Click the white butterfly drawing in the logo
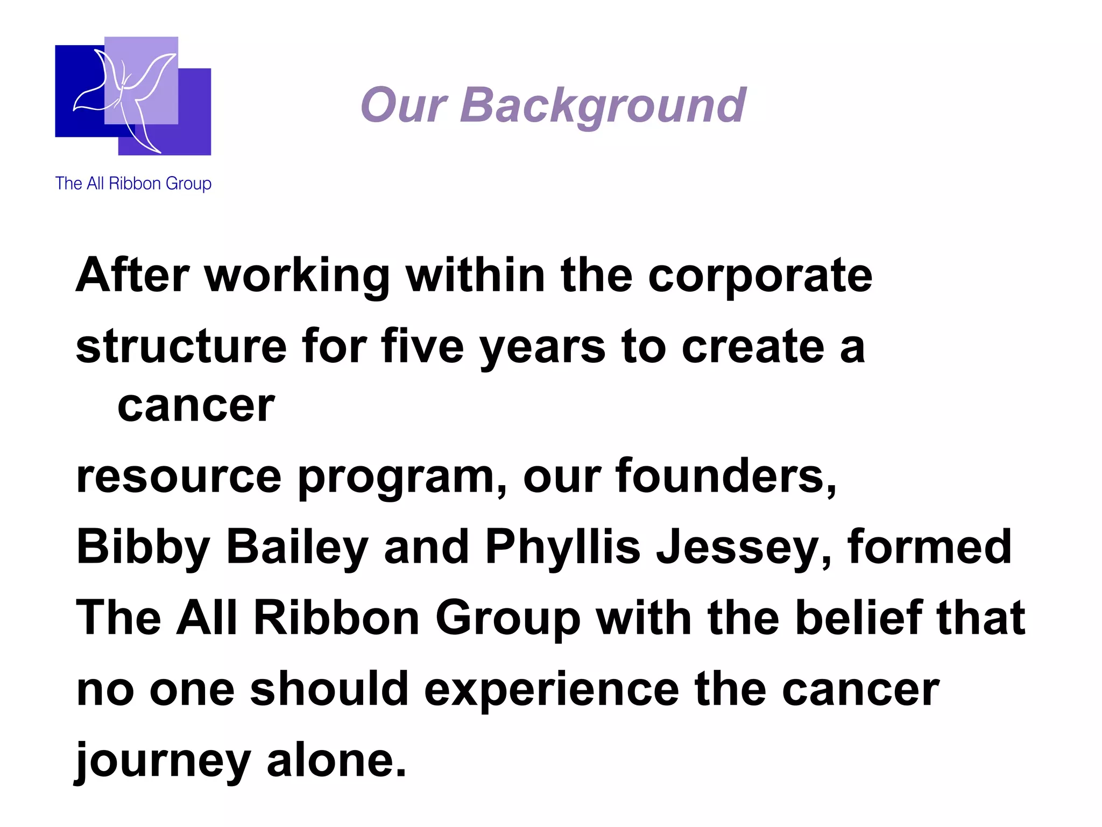(126, 97)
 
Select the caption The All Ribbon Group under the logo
(133, 184)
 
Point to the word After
(132, 276)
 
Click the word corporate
(760, 277)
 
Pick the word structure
(181, 347)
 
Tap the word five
(422, 347)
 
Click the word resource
(179, 477)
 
